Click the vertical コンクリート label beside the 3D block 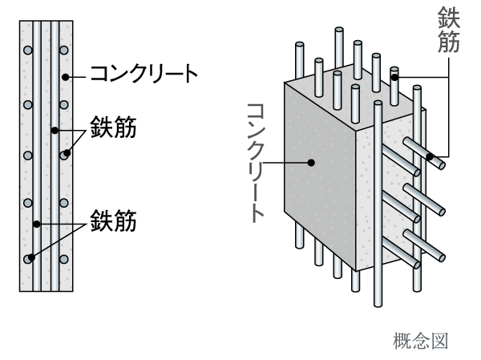tap(258, 160)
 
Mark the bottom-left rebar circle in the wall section tap(28, 258)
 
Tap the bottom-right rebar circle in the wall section tap(63, 258)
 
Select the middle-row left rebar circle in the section tap(28, 155)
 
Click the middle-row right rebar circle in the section tap(63, 155)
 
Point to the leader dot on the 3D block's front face tap(313, 162)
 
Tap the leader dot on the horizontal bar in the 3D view tap(430, 156)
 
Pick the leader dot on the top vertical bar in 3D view tap(394, 77)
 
